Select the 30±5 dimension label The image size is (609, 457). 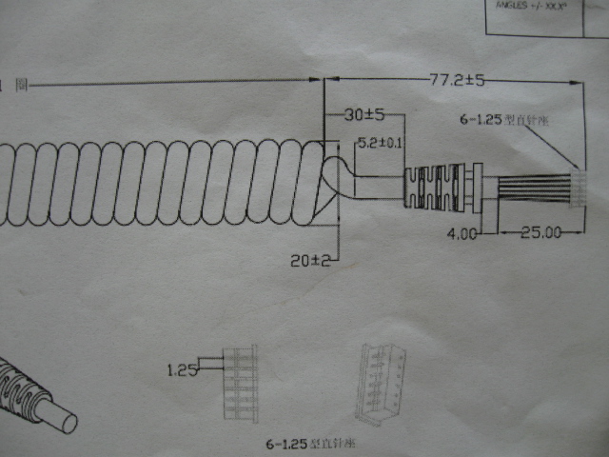(x=363, y=115)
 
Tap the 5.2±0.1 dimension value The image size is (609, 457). (x=379, y=144)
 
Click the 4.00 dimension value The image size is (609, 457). (x=463, y=232)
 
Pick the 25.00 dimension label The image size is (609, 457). (x=538, y=232)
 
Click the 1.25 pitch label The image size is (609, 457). (x=180, y=369)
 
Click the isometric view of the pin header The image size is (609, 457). (x=380, y=384)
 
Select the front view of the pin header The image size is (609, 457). (x=240, y=381)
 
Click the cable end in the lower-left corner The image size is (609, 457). (x=33, y=400)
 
